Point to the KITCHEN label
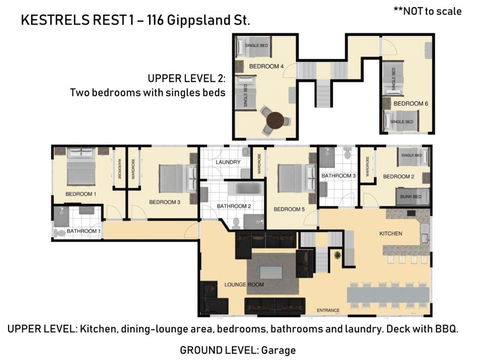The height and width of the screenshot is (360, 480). [x=391, y=232]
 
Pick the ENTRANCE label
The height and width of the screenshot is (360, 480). [x=327, y=310]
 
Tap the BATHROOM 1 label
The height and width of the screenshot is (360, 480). [x=84, y=231]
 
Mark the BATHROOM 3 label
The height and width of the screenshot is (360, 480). [x=338, y=176]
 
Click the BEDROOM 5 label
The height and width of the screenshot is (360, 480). [x=289, y=209]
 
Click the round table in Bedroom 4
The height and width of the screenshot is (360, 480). [x=274, y=120]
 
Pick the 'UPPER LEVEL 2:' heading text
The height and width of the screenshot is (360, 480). [x=186, y=77]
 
